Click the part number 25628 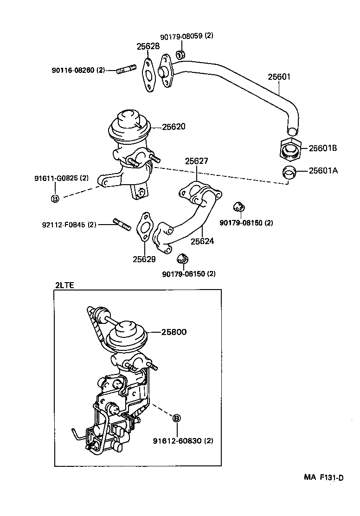[148, 46]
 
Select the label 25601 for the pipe [279, 77]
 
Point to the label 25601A [323, 171]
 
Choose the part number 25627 [197, 161]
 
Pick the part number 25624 [202, 241]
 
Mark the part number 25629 [144, 259]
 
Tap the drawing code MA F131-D [324, 478]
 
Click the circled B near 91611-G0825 [55, 199]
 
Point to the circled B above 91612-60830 [176, 418]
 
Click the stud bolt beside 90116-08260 [125, 71]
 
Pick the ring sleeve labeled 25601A [290, 172]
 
